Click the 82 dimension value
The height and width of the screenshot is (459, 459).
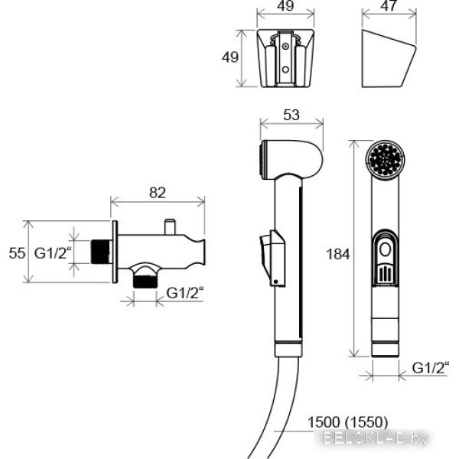(x=157, y=193)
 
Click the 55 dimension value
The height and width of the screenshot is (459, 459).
(x=17, y=253)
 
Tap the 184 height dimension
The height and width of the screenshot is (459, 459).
(x=338, y=254)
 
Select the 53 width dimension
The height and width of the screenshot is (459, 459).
(x=291, y=115)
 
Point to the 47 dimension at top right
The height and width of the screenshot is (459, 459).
(x=389, y=6)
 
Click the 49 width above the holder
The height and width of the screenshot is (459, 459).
(x=285, y=6)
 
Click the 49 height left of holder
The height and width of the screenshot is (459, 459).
(x=230, y=57)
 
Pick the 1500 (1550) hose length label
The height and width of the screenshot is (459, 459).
(x=347, y=422)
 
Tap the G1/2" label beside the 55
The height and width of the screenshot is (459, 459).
(x=53, y=253)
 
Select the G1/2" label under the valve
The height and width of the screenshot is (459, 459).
(x=185, y=293)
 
